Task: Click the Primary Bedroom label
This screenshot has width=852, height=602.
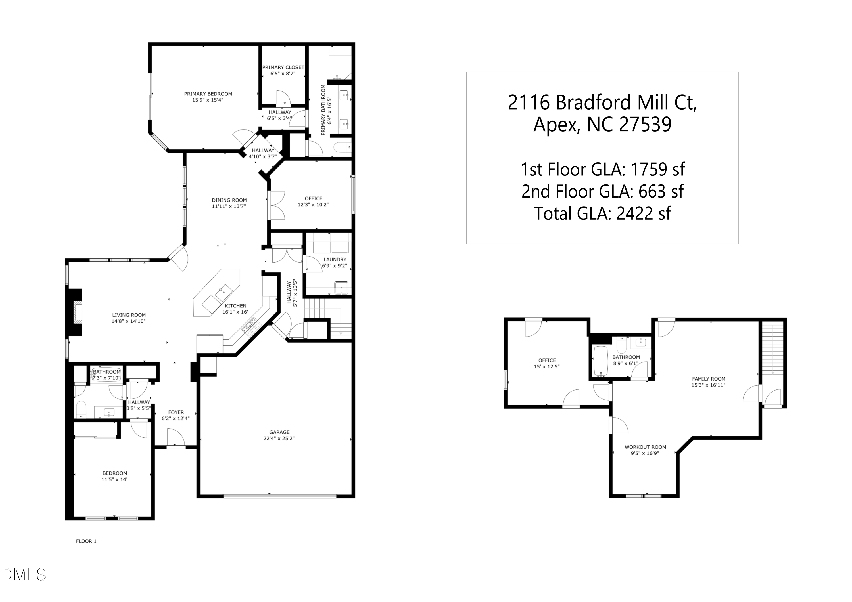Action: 208,94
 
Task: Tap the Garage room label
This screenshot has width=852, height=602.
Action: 279,432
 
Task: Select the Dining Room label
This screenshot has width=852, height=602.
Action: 229,200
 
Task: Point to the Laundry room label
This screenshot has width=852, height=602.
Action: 335,260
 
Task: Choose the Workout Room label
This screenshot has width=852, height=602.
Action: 645,447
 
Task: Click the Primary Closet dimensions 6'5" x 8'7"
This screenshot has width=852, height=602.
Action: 283,74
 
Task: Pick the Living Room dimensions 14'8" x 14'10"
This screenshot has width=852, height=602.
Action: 128,321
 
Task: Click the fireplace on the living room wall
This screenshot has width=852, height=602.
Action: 74,313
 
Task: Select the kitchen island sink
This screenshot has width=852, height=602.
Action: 224,293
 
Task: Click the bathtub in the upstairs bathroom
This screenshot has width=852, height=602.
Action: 601,361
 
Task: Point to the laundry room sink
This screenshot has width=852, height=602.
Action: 341,288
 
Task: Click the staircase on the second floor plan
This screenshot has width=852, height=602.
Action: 772,348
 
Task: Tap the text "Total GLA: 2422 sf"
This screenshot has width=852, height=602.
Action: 602,214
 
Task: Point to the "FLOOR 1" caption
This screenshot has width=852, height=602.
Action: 86,541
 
